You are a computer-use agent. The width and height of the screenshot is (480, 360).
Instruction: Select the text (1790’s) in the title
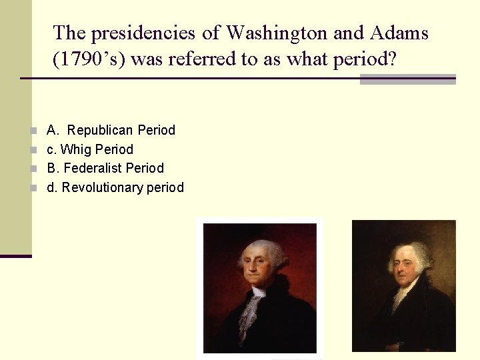tap(89, 60)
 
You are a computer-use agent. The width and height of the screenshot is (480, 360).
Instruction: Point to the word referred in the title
tap(203, 60)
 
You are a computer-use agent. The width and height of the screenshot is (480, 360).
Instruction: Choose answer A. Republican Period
tap(111, 130)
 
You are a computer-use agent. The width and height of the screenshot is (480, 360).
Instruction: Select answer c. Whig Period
tap(90, 149)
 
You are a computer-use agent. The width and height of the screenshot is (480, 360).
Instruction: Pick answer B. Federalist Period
tap(105, 168)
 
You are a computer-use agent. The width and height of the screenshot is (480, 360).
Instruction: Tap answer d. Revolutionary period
tap(115, 187)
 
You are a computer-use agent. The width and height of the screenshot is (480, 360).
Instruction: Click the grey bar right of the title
tap(407, 79)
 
